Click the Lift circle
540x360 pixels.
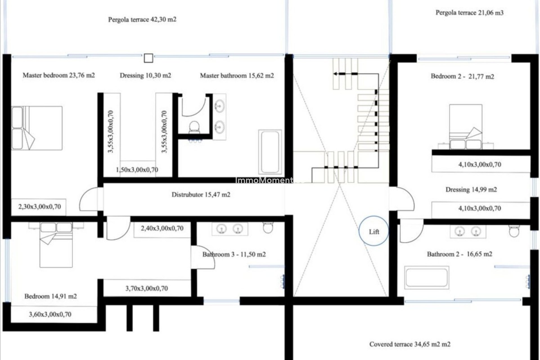[x=374, y=231]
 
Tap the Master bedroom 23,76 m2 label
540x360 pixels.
[x=58, y=75]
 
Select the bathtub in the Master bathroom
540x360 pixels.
[x=270, y=152]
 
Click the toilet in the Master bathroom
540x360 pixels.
[x=194, y=127]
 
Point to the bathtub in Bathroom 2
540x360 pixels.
[x=427, y=278]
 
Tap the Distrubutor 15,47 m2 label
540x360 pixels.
[x=201, y=195]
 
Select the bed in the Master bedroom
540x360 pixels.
[x=37, y=128]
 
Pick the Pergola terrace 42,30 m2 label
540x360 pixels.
[x=142, y=20]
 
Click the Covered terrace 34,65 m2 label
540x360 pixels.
[x=409, y=344]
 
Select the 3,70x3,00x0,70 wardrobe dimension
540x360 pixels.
[x=147, y=289]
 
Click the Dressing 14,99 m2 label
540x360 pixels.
[x=471, y=190]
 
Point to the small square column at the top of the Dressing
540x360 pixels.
[x=148, y=58]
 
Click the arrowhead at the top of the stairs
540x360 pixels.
[x=336, y=74]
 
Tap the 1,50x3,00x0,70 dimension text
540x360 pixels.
[x=137, y=170]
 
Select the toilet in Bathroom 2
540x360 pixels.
[x=514, y=231]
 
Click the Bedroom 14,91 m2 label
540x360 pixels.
[x=50, y=296]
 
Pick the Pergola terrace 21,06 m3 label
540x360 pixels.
[x=469, y=13]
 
